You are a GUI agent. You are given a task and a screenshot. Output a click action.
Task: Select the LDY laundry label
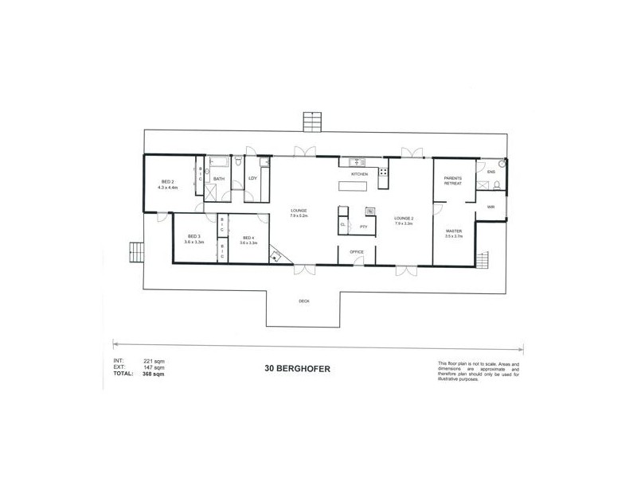pyautogui.click(x=252, y=179)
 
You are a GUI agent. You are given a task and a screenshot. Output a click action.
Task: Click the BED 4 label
pyautogui.click(x=248, y=236)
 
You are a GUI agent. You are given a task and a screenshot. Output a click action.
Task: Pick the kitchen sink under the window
pyautogui.click(x=355, y=162)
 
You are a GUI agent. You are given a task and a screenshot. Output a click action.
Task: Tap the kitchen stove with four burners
pyautogui.click(x=383, y=172)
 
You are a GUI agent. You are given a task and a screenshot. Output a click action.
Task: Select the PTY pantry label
pyautogui.click(x=362, y=227)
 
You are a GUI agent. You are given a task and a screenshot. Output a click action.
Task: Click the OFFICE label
pyautogui.click(x=357, y=252)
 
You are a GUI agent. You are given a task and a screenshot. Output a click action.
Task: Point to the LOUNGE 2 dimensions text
pyautogui.click(x=402, y=223)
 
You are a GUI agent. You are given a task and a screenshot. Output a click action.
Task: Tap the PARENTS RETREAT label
pyautogui.click(x=453, y=180)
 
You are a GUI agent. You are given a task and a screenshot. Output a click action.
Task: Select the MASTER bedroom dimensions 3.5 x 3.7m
pyautogui.click(x=453, y=236)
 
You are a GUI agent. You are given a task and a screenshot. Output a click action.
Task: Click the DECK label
pyautogui.click(x=303, y=301)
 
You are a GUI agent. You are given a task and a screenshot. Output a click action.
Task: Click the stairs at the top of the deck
pyautogui.click(x=311, y=122)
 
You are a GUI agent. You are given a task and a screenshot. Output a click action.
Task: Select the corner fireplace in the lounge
pyautogui.click(x=276, y=255)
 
